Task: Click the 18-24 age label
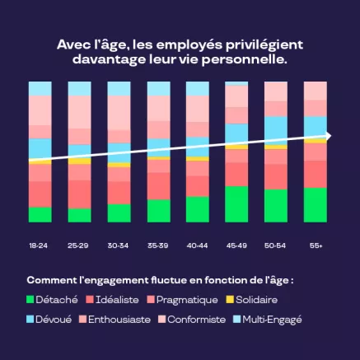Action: [40, 245]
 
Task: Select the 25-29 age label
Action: [79, 245]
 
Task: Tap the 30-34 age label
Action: [119, 245]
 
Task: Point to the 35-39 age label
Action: [158, 245]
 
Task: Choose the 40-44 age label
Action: [198, 245]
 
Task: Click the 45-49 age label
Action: [237, 245]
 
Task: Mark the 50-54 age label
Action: [276, 245]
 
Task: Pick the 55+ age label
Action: [316, 245]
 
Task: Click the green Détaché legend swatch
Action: [32, 299]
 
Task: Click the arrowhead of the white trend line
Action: [327, 135]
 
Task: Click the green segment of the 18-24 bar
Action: [40, 214]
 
